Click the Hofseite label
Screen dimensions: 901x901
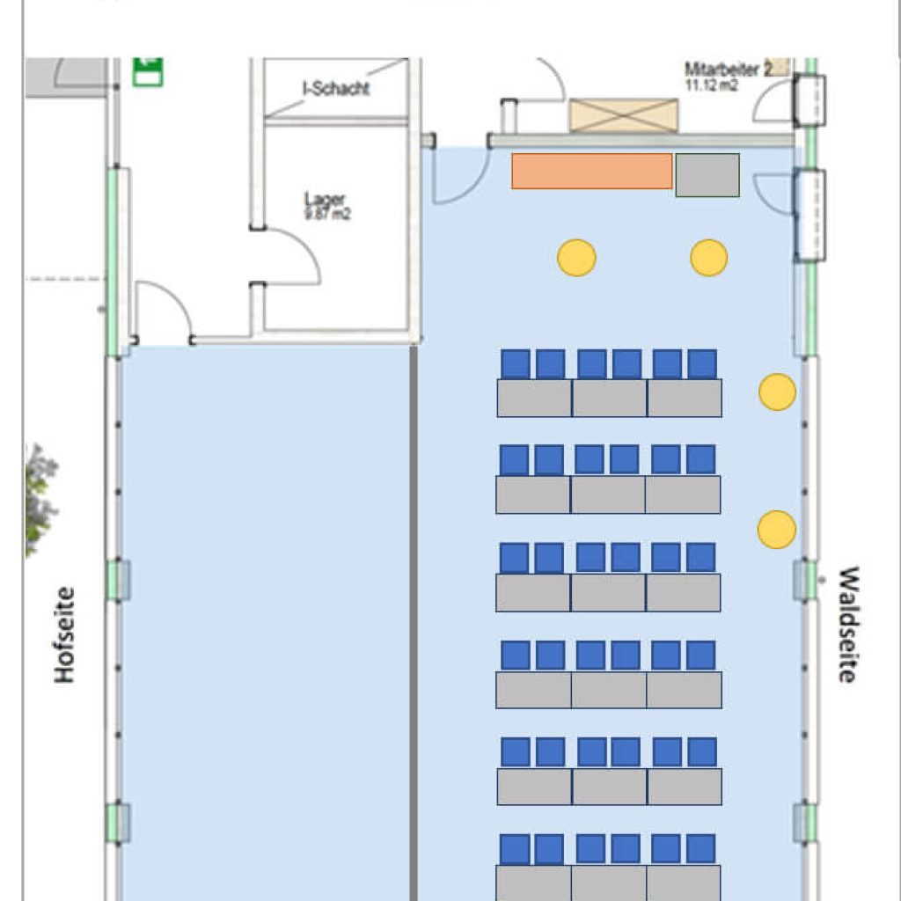[x=64, y=634]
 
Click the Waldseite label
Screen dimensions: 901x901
[x=846, y=624]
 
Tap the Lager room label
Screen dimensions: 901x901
[x=326, y=199]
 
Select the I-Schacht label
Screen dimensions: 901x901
[x=336, y=89]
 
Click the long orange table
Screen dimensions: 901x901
[x=591, y=171]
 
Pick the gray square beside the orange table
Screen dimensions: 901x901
[x=707, y=175]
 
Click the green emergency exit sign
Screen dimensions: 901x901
[x=148, y=71]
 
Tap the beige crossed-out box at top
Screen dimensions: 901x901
[x=624, y=115]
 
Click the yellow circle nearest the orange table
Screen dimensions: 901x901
[x=576, y=258]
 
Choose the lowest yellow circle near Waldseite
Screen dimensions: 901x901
[x=777, y=529]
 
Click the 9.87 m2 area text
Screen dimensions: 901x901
[x=326, y=214]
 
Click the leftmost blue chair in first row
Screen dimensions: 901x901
[x=516, y=363]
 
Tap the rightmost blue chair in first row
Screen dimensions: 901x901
[x=702, y=363]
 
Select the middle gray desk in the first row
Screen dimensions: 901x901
[x=609, y=398]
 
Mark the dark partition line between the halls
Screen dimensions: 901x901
[x=413, y=616]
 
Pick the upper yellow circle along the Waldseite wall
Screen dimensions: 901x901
[x=777, y=392]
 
